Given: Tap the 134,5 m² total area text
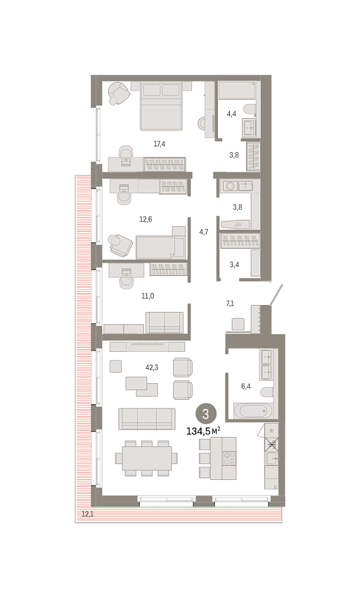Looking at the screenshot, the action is click(x=203, y=431).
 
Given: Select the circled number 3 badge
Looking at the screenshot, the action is click(x=205, y=414).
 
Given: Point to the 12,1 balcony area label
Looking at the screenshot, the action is click(x=87, y=514).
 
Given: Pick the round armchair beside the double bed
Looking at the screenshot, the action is click(x=117, y=93).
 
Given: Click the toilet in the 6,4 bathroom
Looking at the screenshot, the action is click(x=267, y=392).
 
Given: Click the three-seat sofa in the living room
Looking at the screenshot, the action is click(x=147, y=419).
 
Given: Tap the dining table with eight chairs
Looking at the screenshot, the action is click(x=147, y=458).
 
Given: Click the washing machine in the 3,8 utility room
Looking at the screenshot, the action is click(x=230, y=186).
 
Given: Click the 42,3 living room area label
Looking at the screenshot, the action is click(x=152, y=368).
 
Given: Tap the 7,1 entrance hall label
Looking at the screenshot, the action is click(x=230, y=304).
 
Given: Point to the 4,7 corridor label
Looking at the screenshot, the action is click(x=203, y=232).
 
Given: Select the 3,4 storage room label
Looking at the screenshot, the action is click(x=234, y=265).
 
